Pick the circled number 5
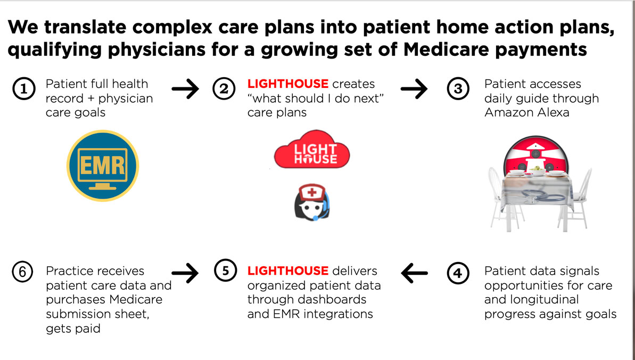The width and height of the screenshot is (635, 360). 225,271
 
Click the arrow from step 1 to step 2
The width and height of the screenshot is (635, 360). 185,89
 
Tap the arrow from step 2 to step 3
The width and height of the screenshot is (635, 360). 414,89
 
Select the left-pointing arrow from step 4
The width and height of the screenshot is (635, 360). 415,273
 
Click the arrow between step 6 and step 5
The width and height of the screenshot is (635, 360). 185,273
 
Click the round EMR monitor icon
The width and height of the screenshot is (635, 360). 103,166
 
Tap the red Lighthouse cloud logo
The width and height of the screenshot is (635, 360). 312,151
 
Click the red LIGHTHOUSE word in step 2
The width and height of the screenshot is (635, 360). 287,84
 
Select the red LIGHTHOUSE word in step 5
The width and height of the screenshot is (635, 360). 287,271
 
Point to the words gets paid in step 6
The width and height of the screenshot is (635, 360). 73,329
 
